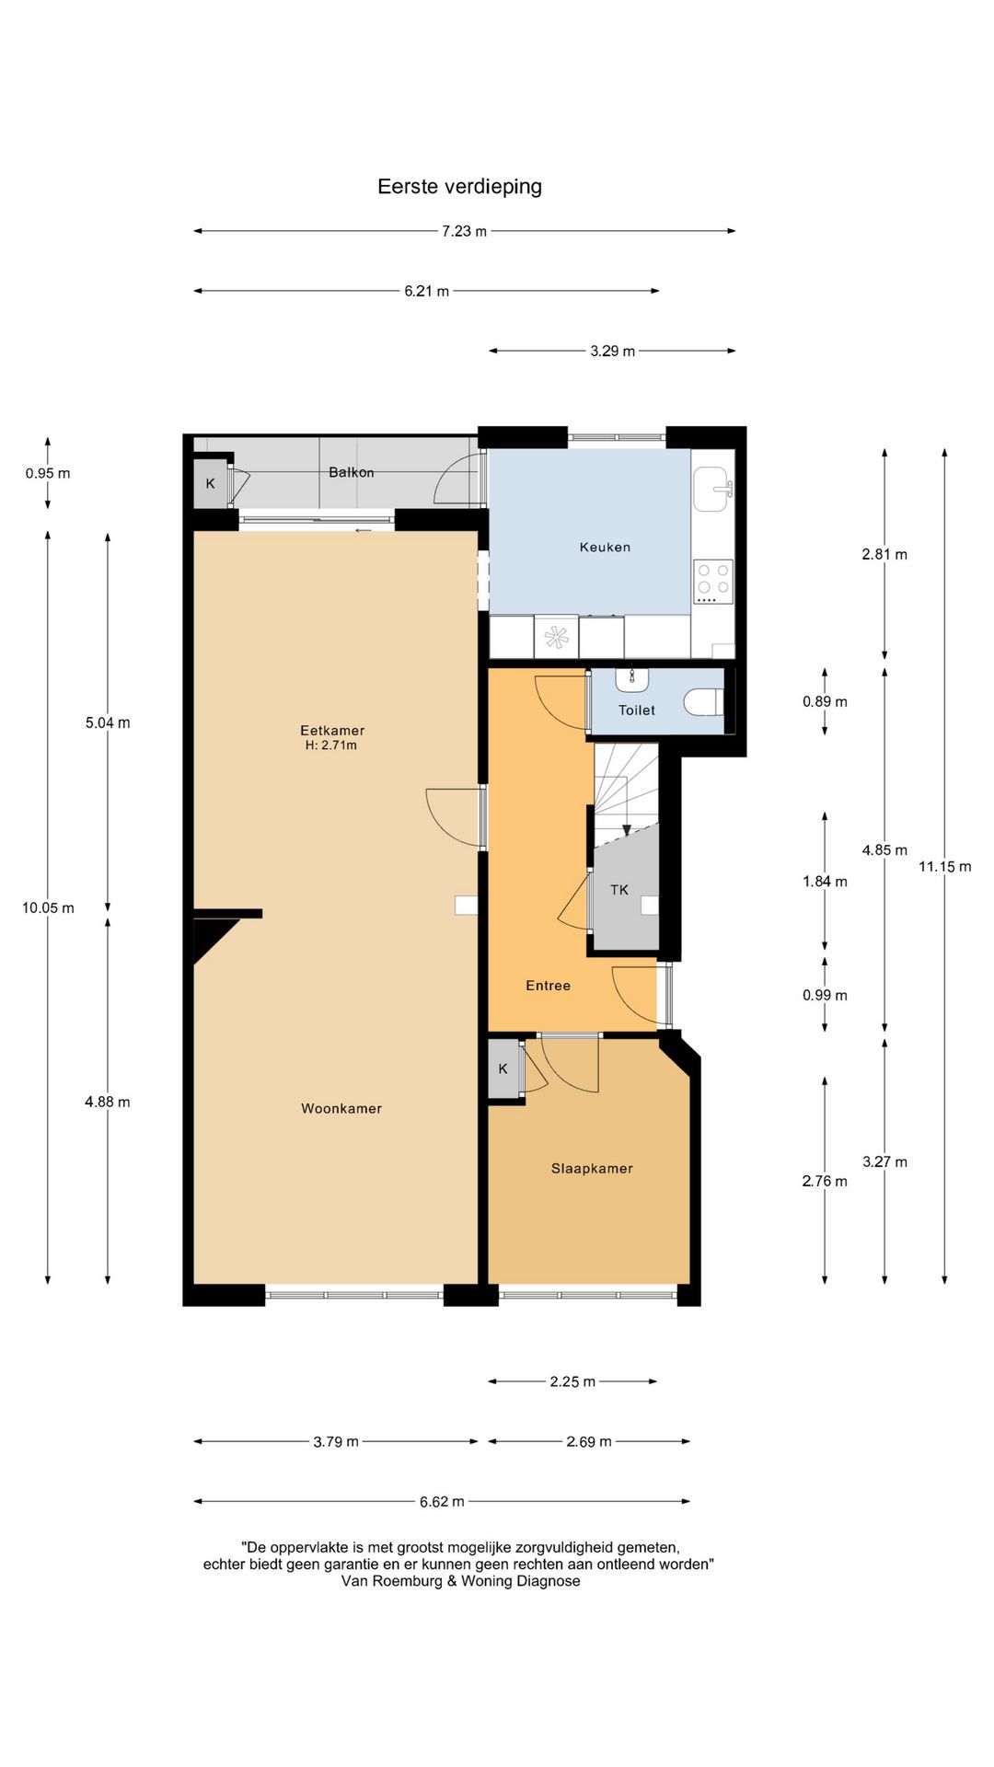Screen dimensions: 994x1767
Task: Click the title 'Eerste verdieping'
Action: (459, 187)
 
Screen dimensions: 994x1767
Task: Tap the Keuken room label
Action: (605, 547)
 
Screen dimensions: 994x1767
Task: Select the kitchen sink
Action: (713, 489)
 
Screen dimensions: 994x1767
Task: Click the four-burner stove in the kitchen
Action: (713, 582)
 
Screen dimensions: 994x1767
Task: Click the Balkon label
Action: (352, 472)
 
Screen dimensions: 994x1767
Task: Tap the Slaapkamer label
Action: (592, 1169)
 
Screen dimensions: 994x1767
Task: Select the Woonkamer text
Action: (341, 1109)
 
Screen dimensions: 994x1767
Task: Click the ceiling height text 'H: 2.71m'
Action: (331, 745)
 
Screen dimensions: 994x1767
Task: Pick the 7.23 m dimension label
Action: (464, 231)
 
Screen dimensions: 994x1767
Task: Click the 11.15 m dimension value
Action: (944, 866)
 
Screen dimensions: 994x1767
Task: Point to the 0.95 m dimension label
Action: (48, 473)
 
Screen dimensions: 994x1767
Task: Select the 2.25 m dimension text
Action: (572, 1381)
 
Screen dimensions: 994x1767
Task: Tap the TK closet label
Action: (619, 890)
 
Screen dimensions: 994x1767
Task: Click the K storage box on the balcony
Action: (211, 483)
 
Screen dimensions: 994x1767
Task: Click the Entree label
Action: (548, 986)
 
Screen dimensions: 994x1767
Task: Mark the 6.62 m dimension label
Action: (442, 1502)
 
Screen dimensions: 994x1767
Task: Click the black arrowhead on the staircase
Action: (627, 831)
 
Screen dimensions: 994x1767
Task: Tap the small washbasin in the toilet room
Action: (632, 679)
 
